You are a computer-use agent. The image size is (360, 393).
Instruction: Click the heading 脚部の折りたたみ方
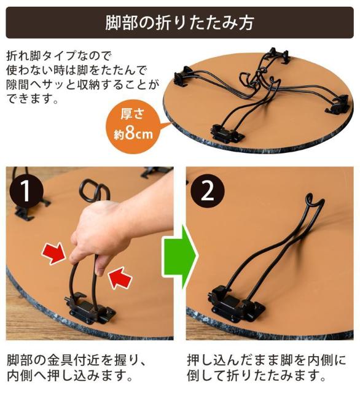(180, 23)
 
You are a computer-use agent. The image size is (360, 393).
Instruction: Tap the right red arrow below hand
(120, 279)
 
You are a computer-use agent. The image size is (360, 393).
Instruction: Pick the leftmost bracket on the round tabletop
(184, 77)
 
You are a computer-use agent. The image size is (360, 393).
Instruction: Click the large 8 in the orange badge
(130, 133)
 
